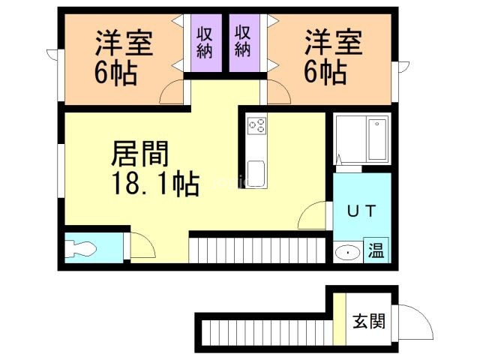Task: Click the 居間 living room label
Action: (140, 154)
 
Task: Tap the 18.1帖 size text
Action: (156, 184)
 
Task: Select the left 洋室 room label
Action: (124, 43)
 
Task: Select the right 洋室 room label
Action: (333, 42)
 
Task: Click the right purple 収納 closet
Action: (244, 43)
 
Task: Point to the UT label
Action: (361, 211)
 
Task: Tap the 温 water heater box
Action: (376, 250)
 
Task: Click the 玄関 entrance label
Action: (369, 322)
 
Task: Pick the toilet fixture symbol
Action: (79, 248)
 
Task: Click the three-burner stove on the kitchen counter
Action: (256, 126)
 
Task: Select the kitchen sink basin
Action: (256, 173)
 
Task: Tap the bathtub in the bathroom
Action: (377, 139)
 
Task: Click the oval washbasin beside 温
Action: (348, 253)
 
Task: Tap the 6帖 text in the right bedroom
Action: (325, 73)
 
